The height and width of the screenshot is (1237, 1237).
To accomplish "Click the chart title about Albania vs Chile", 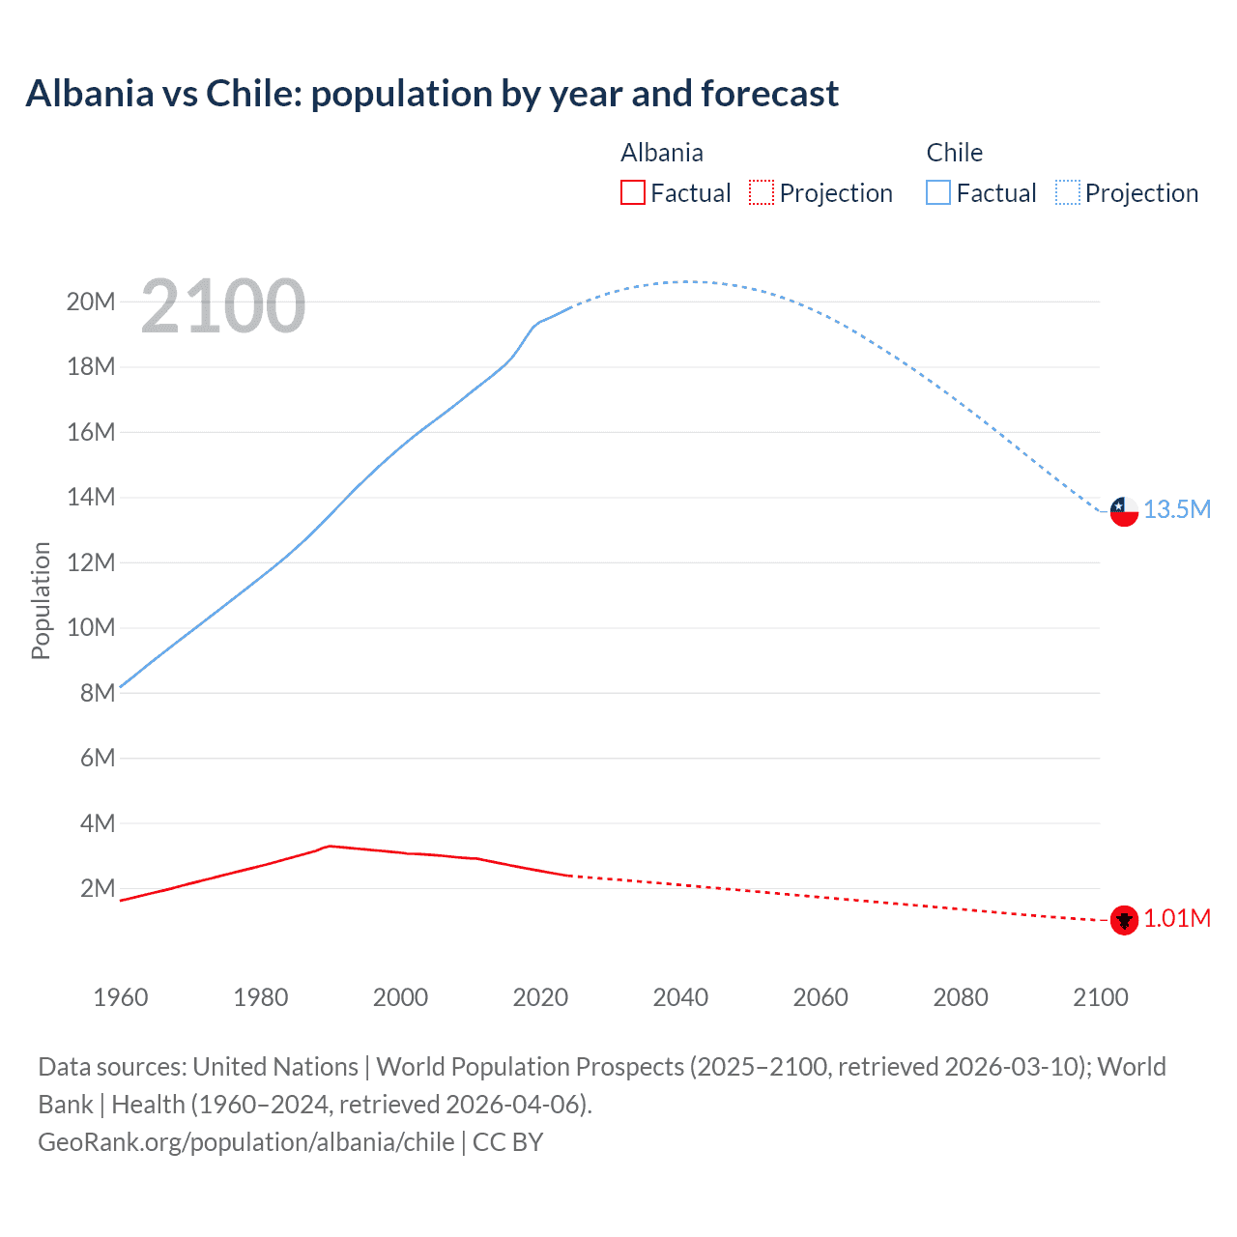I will (432, 94).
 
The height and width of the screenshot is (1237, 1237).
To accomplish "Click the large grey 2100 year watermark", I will (223, 306).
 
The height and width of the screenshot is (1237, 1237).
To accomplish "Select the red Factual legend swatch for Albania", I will (632, 192).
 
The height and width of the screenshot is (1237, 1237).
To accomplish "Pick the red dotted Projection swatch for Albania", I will (762, 192).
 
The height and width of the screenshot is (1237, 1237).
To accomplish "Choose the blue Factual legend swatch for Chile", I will (938, 192).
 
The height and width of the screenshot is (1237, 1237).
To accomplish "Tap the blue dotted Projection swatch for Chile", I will (1067, 192).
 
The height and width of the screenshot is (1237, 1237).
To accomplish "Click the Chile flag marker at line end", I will (1124, 510).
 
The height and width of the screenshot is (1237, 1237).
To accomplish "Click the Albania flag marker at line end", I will (1124, 920).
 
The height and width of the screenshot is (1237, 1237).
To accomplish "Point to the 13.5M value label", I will (1177, 509).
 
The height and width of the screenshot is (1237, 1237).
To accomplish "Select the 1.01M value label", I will (1177, 918).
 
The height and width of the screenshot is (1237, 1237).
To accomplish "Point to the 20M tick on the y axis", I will (91, 302).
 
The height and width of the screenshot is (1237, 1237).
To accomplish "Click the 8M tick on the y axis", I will (98, 693).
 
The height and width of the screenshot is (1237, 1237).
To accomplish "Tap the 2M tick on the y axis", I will (98, 888).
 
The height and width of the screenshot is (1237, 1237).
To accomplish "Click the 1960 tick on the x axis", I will (121, 997).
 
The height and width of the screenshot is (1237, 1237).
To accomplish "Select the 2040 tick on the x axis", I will (680, 997).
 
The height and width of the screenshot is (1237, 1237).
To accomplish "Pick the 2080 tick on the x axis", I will (961, 997).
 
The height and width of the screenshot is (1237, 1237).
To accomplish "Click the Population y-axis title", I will (41, 600).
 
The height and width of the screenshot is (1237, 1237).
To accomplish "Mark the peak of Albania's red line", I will (330, 846).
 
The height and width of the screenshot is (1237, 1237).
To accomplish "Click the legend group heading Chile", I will (954, 153).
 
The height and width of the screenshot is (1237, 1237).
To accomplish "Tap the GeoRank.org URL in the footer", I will (246, 1142).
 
